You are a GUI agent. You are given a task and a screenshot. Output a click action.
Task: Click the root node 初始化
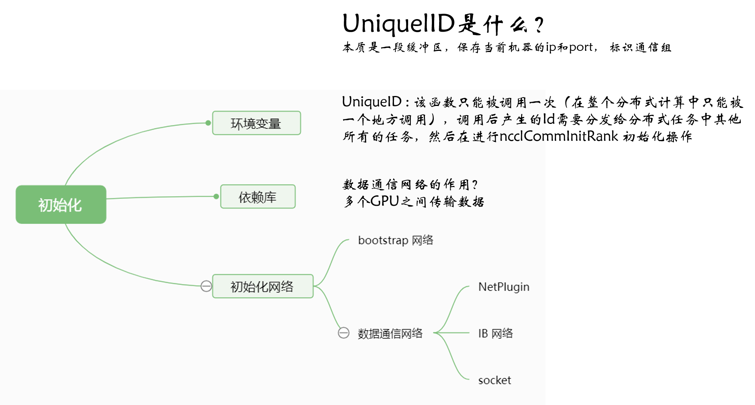61,205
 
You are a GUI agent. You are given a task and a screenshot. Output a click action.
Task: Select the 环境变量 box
257,123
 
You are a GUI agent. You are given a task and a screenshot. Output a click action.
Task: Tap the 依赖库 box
258,197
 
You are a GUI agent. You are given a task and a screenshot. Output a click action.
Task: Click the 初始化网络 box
263,286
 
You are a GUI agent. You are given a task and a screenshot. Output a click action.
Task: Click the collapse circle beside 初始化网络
206,286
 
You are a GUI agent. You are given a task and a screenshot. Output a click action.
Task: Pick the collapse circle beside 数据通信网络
343,333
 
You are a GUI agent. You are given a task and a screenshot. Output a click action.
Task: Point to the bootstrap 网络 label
395,240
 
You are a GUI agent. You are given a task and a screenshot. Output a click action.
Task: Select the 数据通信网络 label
390,333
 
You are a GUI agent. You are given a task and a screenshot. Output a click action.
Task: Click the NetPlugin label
503,287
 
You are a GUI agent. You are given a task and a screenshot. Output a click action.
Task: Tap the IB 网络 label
495,333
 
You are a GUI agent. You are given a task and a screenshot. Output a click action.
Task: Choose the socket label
494,380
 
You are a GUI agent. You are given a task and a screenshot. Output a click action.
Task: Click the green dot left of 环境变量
208,123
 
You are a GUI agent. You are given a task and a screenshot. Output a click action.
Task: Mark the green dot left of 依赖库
216,196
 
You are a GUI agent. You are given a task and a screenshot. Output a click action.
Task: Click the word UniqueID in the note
371,102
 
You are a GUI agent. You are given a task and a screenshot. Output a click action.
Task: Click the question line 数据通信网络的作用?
410,185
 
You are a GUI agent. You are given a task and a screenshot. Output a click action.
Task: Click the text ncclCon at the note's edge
522,136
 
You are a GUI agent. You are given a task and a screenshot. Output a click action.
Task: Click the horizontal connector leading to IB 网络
454,333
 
